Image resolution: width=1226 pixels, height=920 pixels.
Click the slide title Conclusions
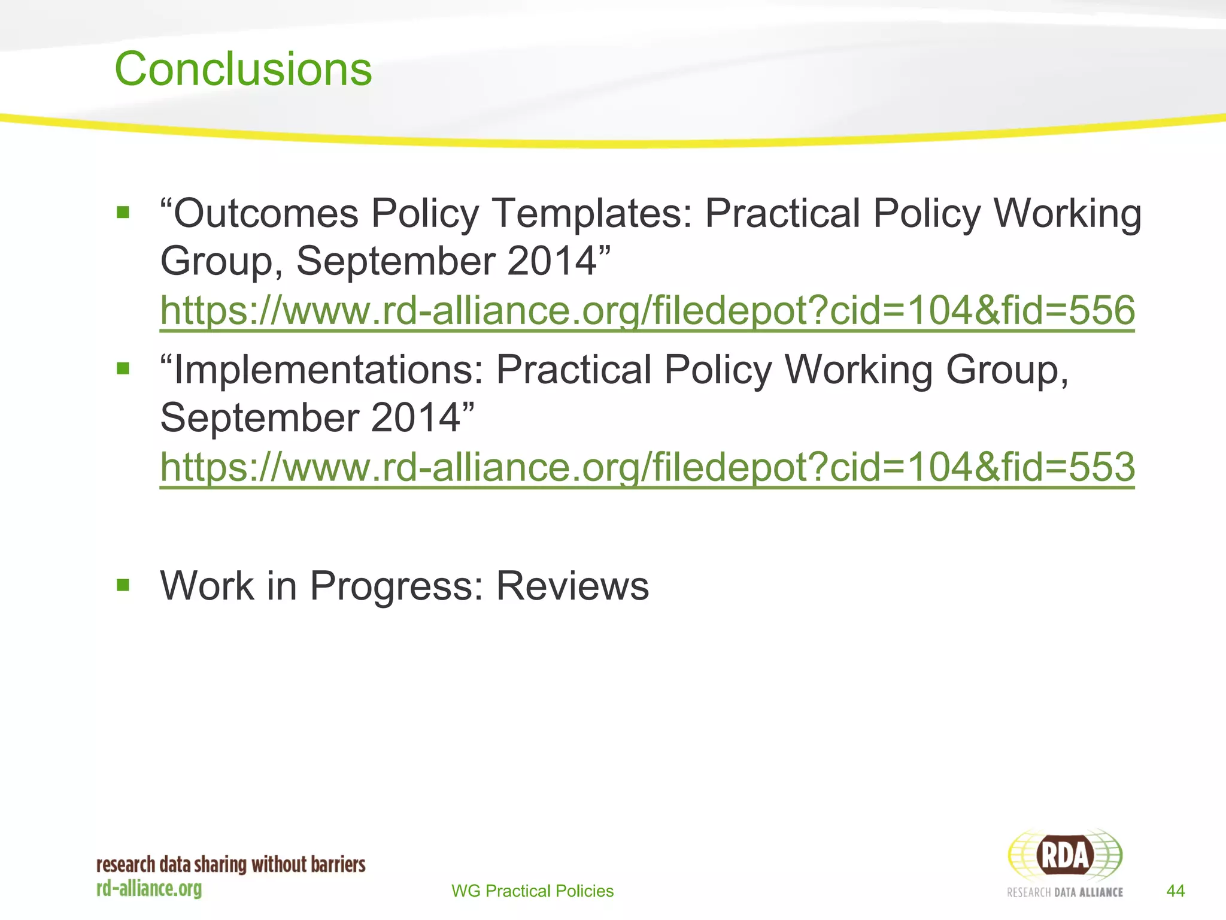click(243, 69)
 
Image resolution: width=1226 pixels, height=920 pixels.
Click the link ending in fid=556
click(647, 310)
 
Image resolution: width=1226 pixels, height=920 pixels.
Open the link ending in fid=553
click(647, 467)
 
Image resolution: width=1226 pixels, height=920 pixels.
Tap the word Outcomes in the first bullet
click(266, 213)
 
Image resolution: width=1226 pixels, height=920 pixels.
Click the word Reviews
click(572, 585)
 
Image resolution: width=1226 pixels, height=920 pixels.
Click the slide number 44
click(1175, 891)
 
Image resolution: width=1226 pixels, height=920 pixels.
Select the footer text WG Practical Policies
click(532, 891)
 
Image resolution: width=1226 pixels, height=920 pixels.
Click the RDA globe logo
click(1065, 855)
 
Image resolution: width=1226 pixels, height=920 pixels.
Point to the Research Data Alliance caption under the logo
click(1064, 892)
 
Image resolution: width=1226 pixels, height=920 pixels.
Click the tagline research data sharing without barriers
click(231, 865)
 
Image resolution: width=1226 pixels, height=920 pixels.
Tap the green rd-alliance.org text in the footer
click(149, 889)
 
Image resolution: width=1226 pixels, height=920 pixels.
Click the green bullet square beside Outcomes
click(123, 212)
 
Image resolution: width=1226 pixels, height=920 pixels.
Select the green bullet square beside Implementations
click(123, 368)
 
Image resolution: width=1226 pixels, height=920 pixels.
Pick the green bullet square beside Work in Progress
click(123, 585)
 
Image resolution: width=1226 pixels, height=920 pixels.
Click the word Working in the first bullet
click(1067, 213)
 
